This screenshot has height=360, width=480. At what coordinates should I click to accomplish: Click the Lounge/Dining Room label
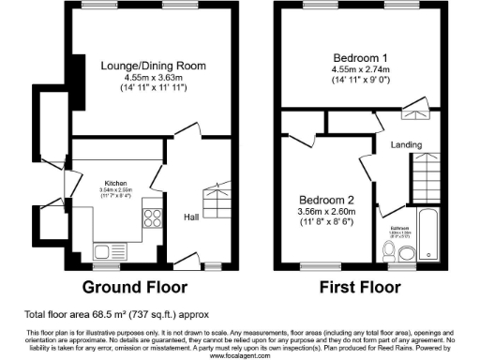pos(154,65)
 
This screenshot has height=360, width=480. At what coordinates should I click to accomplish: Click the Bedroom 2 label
pos(324,200)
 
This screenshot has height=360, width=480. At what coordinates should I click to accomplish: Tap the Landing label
pos(407,144)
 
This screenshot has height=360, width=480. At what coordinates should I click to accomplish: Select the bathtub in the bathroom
pos(428,234)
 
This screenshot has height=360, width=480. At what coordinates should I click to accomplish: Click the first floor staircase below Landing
pos(428,173)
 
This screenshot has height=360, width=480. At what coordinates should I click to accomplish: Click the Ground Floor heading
pos(135,286)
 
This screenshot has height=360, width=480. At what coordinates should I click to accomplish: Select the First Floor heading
pos(361,286)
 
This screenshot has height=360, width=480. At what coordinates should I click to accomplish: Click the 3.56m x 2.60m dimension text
pos(324,212)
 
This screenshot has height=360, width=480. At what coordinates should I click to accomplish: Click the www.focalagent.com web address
pos(240,355)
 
